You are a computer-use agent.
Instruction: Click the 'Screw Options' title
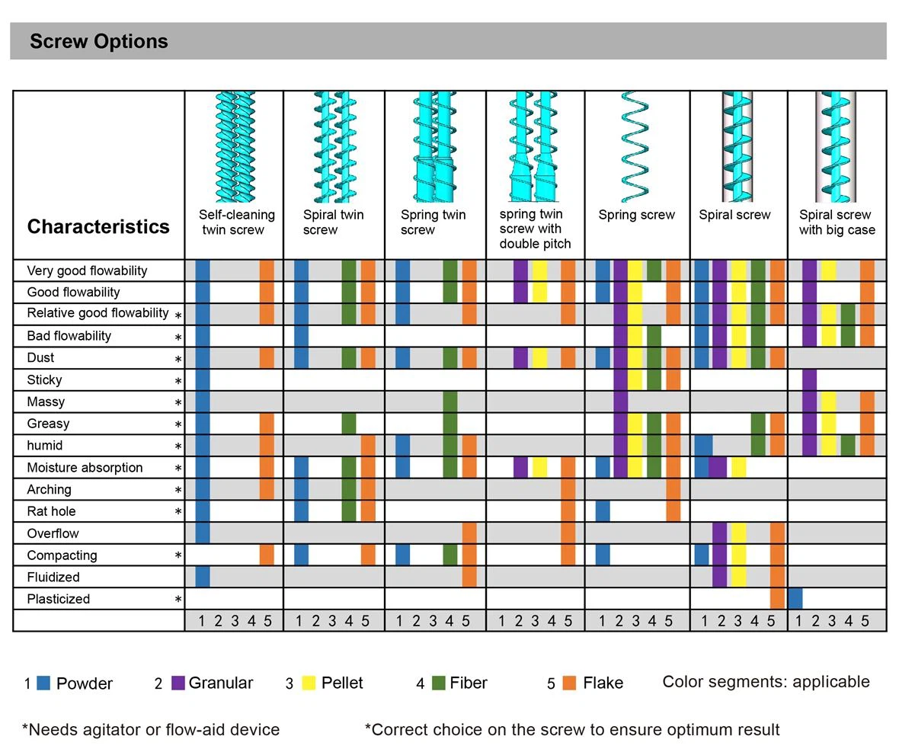coord(99,41)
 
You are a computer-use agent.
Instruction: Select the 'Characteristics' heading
coord(98,226)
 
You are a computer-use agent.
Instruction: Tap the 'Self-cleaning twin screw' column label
coord(236,222)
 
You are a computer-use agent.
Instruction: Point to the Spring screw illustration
coord(635,146)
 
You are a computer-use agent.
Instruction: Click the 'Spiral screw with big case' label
coord(837,222)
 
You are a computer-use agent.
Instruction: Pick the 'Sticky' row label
coord(44,379)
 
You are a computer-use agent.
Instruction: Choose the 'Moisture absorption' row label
coord(85,467)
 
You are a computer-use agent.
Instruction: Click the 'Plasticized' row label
coord(58,599)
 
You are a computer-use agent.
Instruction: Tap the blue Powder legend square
coord(43,683)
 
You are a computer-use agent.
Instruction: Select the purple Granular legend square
coord(178,683)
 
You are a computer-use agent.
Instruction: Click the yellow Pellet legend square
coord(309,683)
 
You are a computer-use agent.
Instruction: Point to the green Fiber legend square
coord(438,683)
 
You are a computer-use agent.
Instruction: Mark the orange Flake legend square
coord(569,683)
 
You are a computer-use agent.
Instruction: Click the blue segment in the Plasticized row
coord(795,598)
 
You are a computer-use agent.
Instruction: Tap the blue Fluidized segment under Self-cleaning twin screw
coord(203,576)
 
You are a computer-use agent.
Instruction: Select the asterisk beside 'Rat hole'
coord(178,512)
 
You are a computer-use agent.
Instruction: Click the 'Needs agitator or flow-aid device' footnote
coord(151,729)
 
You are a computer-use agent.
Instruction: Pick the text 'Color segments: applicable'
coord(766,681)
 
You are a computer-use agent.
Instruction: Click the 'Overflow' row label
coord(53,533)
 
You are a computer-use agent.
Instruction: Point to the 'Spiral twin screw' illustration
coord(333,146)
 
